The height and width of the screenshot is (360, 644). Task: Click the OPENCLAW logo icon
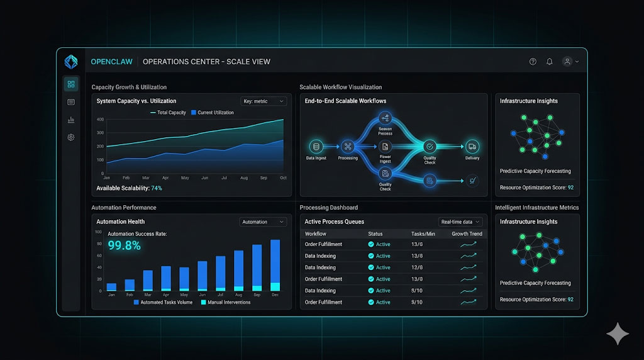tap(71, 62)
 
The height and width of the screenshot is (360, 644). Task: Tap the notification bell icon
tap(550, 62)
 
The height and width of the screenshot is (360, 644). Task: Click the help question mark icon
tap(533, 62)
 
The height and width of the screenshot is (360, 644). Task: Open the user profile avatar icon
tap(567, 62)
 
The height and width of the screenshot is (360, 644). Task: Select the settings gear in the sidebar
tap(71, 137)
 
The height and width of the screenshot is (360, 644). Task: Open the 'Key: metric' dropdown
tap(264, 101)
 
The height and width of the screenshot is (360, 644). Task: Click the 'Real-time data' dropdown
tap(461, 222)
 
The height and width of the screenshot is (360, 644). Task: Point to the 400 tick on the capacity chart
tap(100, 119)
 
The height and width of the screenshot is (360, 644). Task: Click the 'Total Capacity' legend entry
tap(168, 113)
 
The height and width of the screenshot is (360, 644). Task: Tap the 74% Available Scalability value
tap(157, 188)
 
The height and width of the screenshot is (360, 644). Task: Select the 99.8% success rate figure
tap(125, 245)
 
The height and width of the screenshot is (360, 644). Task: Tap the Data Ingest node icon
tap(316, 147)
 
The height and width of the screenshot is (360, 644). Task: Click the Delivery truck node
tap(472, 147)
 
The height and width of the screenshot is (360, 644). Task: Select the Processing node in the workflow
tap(347, 147)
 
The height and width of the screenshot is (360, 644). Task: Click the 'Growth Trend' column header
tap(467, 234)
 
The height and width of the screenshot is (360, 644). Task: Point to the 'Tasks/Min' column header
tap(423, 234)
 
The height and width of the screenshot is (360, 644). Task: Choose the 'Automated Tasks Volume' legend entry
tap(163, 303)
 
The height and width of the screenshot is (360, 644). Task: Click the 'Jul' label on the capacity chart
tap(225, 178)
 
